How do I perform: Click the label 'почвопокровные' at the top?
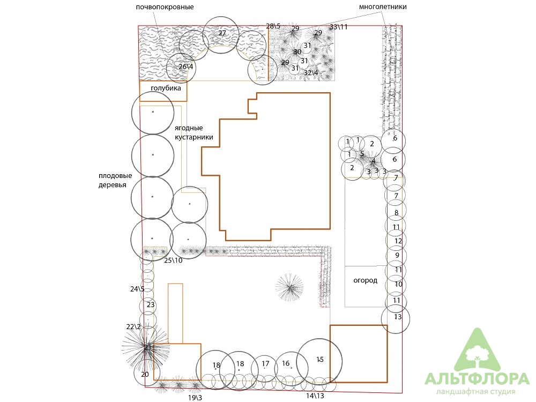(165, 7)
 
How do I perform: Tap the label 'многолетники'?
(383, 6)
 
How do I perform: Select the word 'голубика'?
(166, 88)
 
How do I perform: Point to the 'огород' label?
(366, 281)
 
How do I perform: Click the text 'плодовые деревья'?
(115, 181)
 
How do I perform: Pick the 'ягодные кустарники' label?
(194, 132)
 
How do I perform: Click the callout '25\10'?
(173, 260)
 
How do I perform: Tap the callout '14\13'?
(315, 396)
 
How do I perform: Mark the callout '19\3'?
(195, 398)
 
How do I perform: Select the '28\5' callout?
(273, 26)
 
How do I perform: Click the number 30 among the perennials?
(297, 51)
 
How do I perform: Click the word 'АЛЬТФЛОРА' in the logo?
(477, 378)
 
